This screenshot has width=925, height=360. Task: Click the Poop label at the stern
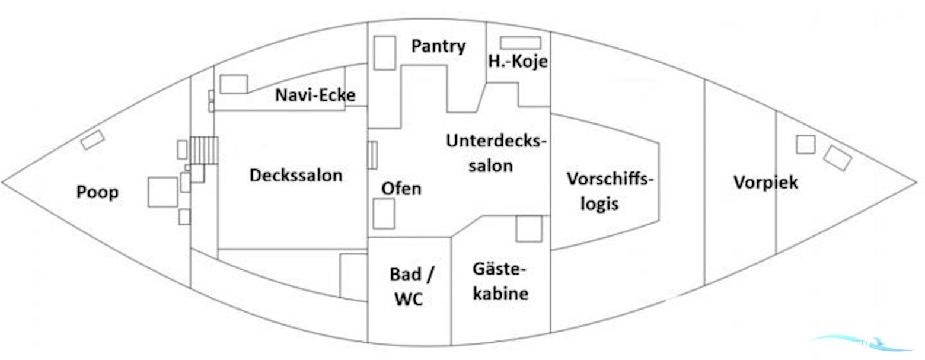coord(97,192)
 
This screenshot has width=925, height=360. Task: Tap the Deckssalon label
coord(295,176)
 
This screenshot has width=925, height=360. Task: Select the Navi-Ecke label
coord(315,95)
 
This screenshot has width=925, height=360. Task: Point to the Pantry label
coord(438,46)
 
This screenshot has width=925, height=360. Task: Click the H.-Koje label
coord(518,61)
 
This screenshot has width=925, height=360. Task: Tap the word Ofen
coord(401,189)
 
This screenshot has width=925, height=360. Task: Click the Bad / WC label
coord(411,287)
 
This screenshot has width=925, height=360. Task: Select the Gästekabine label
coord(500,281)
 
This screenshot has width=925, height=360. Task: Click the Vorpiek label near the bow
coord(765,182)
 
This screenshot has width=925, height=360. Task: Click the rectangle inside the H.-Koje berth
coord(520,43)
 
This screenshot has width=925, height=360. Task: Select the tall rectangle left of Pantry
coord(385,53)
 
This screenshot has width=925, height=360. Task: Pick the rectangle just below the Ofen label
coord(384,214)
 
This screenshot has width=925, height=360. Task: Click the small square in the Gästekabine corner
coord(528,229)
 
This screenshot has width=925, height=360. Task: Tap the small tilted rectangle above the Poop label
coord(92,140)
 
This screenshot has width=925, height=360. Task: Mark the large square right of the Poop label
coord(162,192)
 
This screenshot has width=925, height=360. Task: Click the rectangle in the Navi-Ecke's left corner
coord(234,84)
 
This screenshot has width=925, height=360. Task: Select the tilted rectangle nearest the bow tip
coord(837,158)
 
